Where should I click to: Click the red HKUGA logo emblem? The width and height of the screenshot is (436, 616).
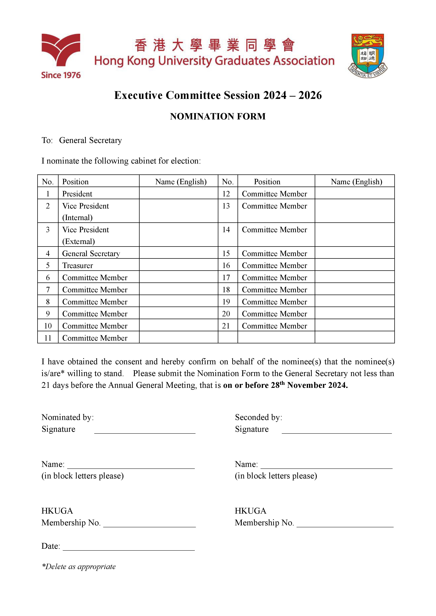point(61,50)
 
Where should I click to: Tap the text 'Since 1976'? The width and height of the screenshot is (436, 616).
point(61,75)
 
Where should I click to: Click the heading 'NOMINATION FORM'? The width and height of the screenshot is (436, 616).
point(218,116)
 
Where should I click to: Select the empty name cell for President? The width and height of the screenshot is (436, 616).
point(179,193)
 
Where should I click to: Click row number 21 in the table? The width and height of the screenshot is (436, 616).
point(226,326)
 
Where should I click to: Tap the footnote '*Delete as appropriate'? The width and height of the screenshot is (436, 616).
point(79,566)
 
